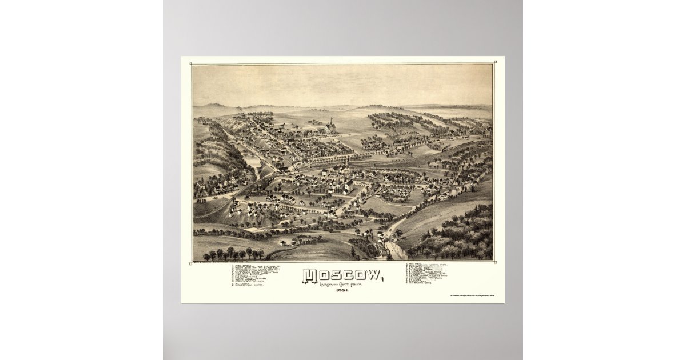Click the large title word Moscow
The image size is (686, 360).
(x=341, y=276)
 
